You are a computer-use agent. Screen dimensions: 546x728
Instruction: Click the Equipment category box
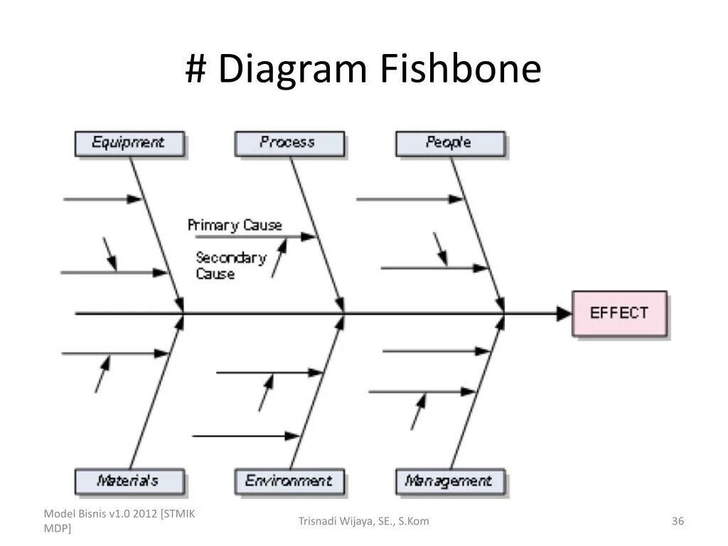tap(129, 143)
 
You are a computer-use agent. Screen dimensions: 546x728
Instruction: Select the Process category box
tap(289, 143)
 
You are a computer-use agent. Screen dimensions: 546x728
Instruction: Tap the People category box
tap(449, 143)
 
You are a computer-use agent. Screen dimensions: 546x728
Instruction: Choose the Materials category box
tap(129, 481)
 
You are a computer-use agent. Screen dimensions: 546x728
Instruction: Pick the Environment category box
tap(289, 481)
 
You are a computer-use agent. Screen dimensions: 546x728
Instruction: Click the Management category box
tap(449, 481)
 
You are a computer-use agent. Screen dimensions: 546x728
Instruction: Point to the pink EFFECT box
tap(619, 313)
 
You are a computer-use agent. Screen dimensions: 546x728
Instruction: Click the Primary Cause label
tap(235, 225)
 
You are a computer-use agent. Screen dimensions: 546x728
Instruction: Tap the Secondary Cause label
tap(230, 265)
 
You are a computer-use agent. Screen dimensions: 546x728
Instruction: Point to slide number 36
tap(678, 522)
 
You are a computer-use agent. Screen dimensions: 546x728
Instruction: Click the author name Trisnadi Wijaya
tap(363, 522)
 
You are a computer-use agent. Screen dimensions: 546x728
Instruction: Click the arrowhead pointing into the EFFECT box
tap(564, 313)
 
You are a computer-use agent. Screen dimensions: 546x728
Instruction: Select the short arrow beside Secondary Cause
tap(279, 257)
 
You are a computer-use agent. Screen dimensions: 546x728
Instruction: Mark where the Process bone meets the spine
tap(344, 313)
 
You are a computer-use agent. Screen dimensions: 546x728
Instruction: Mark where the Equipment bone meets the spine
tap(183, 313)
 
